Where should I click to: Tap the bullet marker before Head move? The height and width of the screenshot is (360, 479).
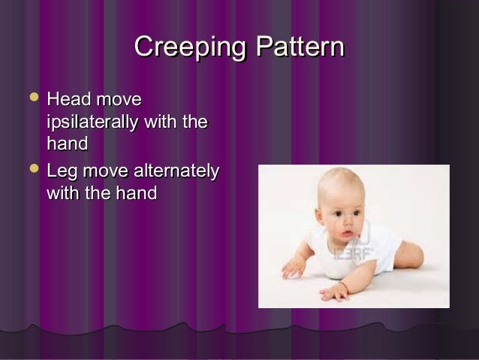[30, 98]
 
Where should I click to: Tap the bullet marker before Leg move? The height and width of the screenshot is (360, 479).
[30, 172]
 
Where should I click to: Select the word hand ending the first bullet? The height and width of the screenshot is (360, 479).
[67, 142]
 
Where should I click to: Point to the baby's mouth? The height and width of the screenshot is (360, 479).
[347, 238]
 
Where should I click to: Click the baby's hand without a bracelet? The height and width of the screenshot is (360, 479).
[292, 266]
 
